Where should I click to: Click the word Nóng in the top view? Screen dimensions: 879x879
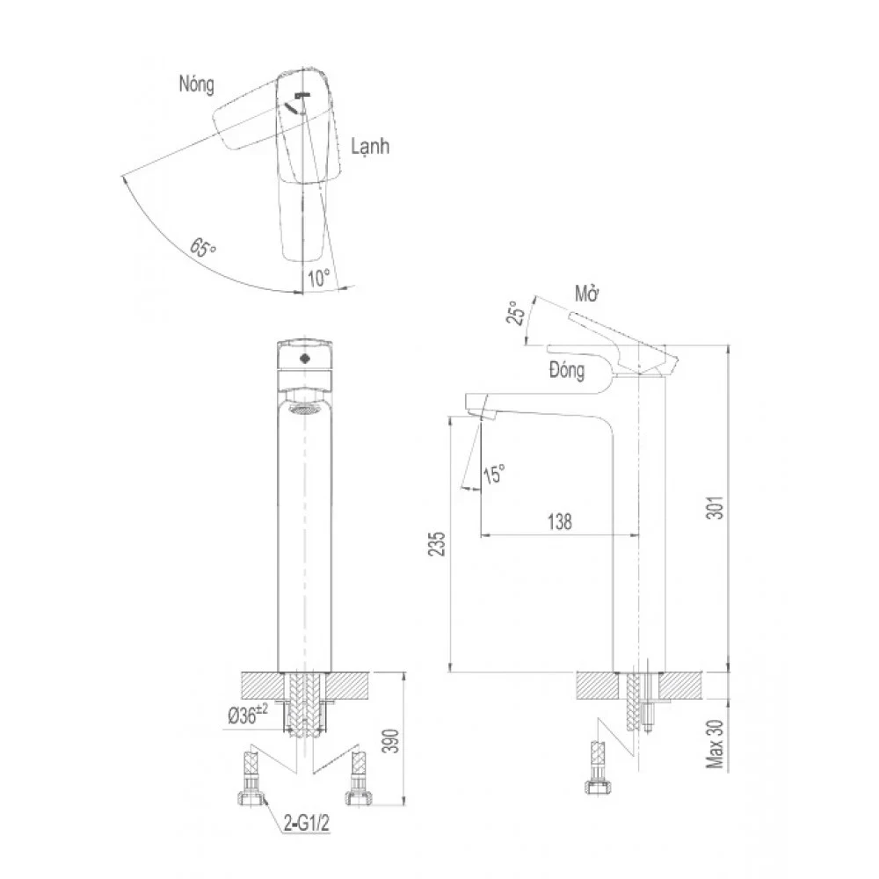196,84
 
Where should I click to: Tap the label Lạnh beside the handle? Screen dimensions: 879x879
370,146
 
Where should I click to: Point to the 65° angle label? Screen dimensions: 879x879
203,247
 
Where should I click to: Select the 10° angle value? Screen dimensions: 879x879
319,278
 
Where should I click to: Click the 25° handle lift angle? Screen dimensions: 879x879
516,312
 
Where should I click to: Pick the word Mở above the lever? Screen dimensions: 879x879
587,294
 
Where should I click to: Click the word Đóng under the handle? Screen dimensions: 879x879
567,370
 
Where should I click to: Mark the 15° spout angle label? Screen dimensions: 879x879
494,474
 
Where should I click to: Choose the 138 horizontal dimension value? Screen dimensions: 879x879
559,522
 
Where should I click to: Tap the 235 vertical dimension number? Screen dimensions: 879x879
437,543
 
